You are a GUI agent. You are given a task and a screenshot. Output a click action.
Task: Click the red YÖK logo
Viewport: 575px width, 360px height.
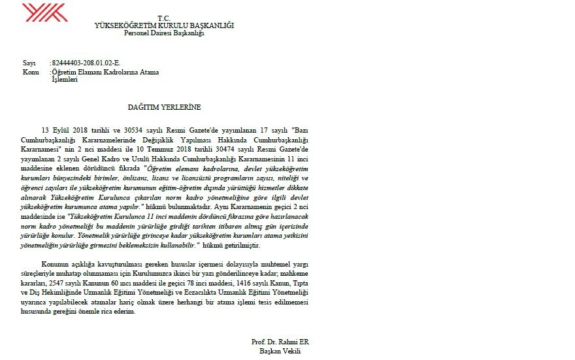45,13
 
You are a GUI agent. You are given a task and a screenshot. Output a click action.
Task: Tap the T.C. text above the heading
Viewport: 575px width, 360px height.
164,18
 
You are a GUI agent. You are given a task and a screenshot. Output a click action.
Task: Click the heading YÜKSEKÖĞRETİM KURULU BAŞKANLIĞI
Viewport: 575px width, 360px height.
164,25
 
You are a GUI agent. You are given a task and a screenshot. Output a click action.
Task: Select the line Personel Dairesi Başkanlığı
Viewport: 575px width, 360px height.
164,33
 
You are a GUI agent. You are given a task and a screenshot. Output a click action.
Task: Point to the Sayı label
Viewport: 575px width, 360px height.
29,63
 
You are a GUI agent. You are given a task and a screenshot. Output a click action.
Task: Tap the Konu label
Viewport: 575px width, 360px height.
31,72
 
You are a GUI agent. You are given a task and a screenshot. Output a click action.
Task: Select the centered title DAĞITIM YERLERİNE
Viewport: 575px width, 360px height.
164,106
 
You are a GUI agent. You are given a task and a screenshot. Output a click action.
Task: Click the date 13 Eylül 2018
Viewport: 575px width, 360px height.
62,131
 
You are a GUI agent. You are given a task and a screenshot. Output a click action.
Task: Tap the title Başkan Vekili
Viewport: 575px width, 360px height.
277,351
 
